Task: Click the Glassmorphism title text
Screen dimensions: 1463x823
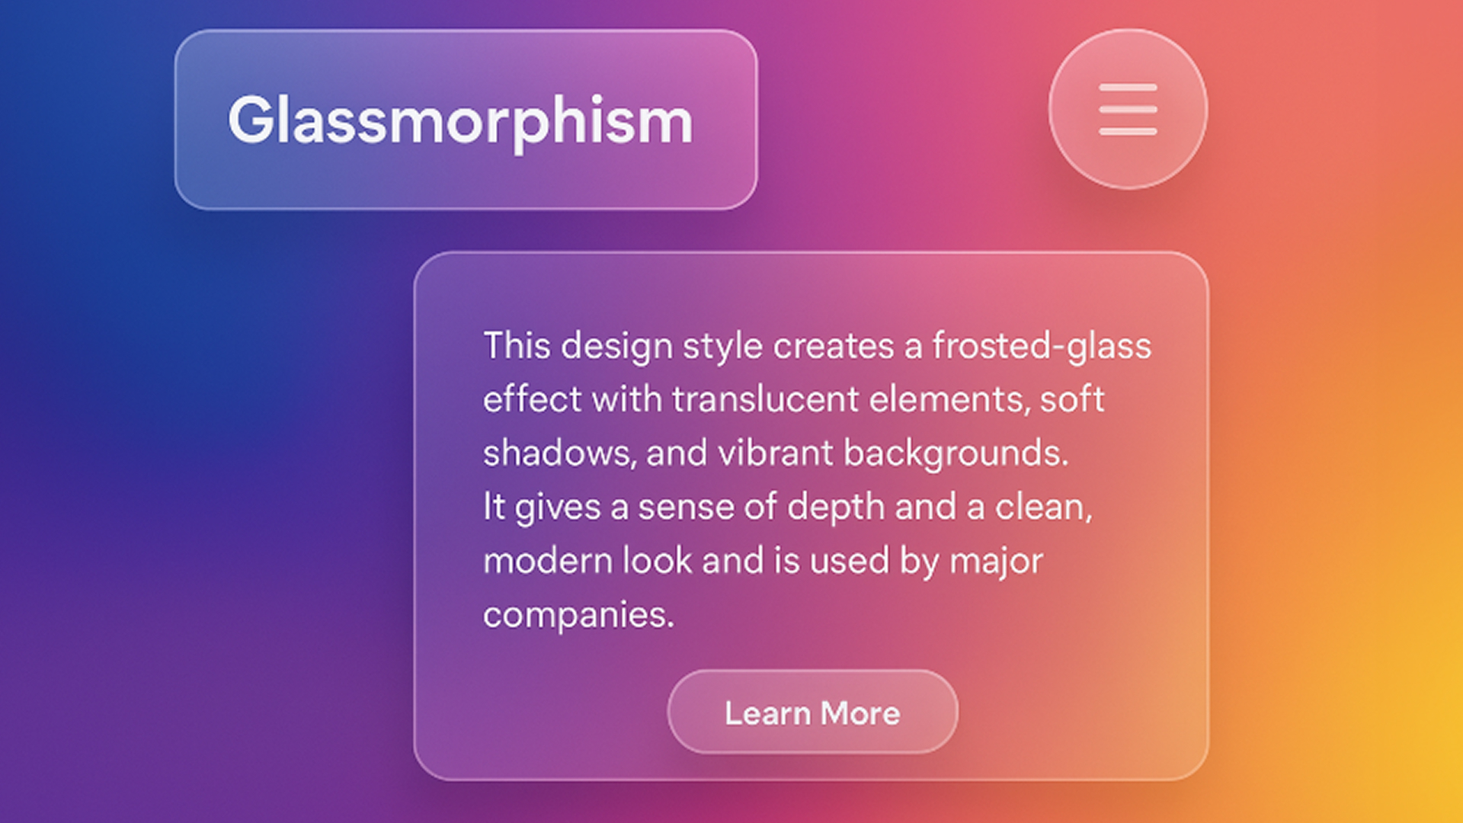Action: pos(460,121)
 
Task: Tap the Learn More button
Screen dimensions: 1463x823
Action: pos(813,712)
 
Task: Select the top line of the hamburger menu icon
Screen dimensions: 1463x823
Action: pos(1128,88)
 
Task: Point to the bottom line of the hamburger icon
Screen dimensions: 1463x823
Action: pos(1128,132)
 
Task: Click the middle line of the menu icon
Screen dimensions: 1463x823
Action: pos(1128,110)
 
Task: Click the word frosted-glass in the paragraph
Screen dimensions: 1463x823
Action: pos(1042,347)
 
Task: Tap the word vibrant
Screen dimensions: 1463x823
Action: pos(776,453)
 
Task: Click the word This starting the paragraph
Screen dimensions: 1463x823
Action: pos(517,346)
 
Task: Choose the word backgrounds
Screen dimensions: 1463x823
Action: pos(956,454)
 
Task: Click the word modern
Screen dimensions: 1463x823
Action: pos(547,561)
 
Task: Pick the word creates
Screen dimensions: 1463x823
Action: pos(833,347)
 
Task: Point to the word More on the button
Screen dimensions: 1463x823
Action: pos(860,713)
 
